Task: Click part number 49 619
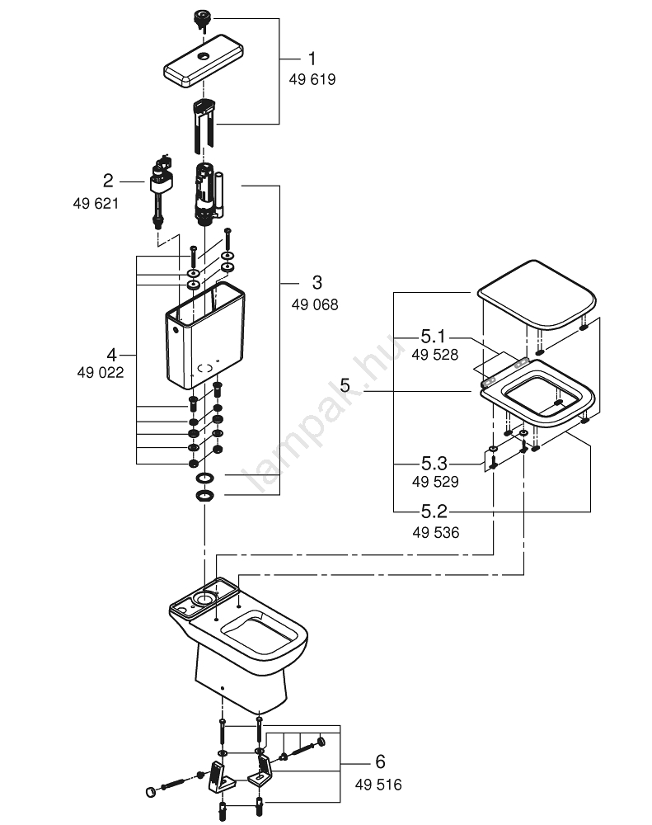click(x=312, y=80)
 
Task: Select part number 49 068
click(x=314, y=304)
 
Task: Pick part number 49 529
click(x=435, y=482)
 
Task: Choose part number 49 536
click(x=435, y=533)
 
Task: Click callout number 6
click(x=379, y=761)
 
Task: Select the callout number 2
click(x=107, y=181)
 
